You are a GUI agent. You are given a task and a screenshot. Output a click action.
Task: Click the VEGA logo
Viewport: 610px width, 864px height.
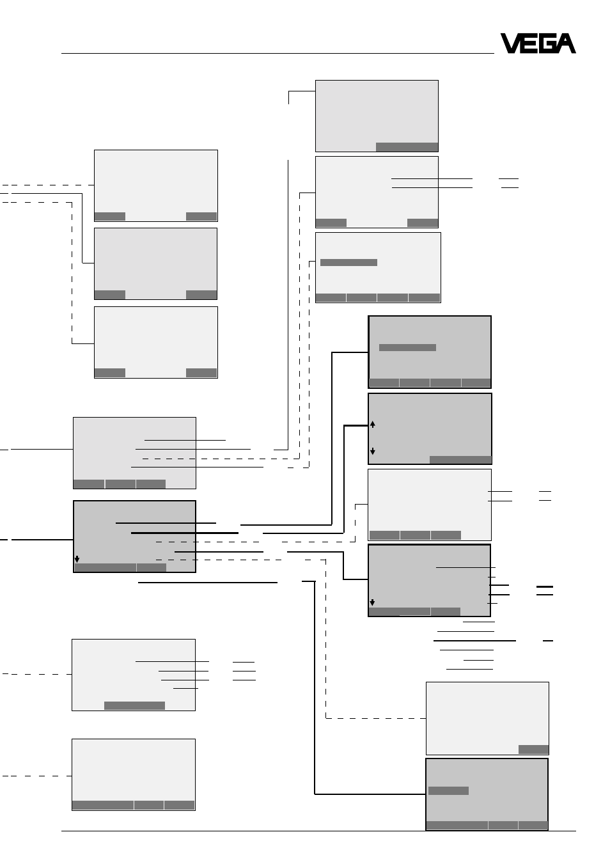click(538, 43)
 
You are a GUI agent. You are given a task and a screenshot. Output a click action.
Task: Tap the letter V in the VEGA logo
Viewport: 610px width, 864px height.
click(510, 43)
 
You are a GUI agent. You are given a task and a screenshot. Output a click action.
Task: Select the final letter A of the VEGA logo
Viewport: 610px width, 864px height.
click(566, 43)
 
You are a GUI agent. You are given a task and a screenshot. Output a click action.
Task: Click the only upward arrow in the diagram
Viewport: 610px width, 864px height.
click(373, 424)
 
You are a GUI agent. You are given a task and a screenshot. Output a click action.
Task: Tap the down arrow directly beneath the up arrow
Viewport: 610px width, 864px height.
click(373, 451)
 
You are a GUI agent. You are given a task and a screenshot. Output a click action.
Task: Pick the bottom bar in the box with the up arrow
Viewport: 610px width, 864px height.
click(460, 460)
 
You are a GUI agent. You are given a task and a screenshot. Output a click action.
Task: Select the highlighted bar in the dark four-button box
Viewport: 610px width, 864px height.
click(407, 347)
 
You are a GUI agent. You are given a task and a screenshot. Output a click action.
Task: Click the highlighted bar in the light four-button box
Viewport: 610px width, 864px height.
click(348, 262)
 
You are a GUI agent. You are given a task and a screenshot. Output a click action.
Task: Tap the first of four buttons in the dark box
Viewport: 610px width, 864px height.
click(384, 382)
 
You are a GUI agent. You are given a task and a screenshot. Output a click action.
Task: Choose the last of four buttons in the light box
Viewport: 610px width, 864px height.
click(424, 297)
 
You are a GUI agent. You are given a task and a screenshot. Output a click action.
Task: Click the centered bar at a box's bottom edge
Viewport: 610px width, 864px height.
click(134, 705)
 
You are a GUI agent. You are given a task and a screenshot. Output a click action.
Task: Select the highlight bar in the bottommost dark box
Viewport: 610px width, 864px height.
click(448, 790)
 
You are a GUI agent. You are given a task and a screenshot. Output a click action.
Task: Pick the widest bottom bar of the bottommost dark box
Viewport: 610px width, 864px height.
click(457, 825)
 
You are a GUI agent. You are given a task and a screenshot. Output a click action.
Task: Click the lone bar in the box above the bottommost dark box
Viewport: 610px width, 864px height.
click(533, 750)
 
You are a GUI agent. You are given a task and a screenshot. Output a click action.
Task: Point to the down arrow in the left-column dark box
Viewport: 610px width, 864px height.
click(77, 559)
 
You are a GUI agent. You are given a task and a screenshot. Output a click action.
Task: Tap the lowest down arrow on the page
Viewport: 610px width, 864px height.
click(372, 602)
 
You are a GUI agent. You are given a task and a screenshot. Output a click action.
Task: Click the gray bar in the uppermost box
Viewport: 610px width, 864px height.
click(407, 147)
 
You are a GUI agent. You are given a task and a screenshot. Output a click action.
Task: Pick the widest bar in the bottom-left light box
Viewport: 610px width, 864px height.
click(103, 805)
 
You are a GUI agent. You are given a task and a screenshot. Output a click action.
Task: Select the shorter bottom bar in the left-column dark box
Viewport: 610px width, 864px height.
click(152, 567)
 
